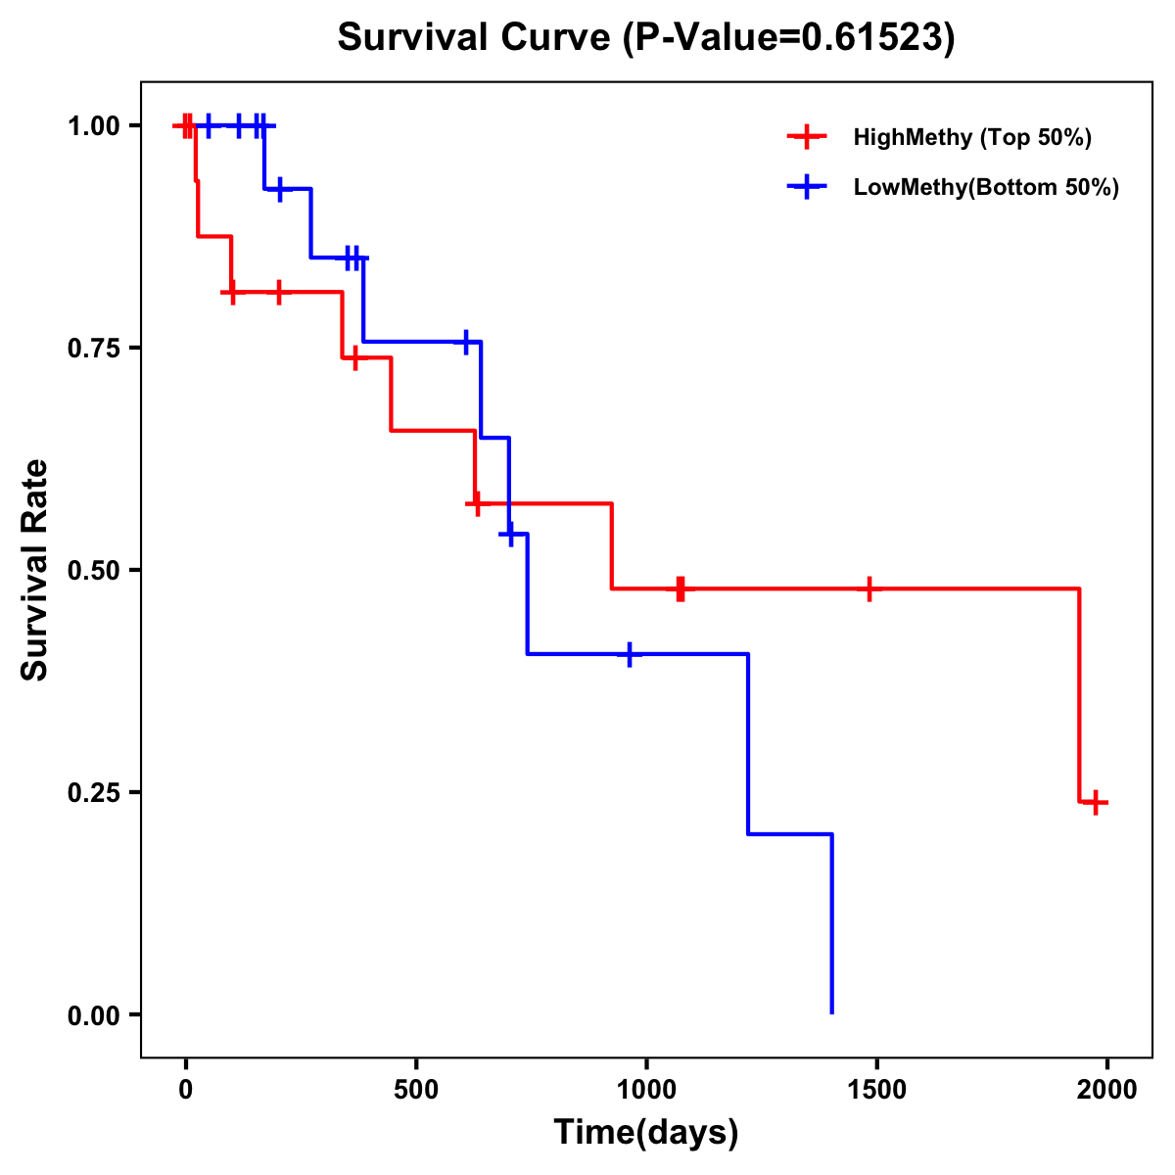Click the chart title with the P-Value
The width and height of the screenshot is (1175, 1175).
click(646, 37)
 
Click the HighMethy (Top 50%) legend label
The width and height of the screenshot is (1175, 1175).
click(971, 137)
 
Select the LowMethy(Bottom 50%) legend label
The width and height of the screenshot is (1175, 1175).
click(985, 187)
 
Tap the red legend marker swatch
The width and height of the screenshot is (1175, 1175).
click(807, 137)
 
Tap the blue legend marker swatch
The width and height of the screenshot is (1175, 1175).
click(807, 187)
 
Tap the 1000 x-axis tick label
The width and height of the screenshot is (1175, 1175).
click(646, 1089)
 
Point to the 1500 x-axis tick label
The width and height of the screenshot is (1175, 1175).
click(876, 1089)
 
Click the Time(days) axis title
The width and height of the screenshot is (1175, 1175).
click(646, 1133)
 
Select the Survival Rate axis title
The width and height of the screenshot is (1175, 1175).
click(35, 570)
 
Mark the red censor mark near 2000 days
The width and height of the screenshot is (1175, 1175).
click(1097, 803)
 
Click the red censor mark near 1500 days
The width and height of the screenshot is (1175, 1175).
click(869, 588)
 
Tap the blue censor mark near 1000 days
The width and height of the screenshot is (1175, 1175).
click(629, 654)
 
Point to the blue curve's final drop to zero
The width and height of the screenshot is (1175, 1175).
click(831, 925)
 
